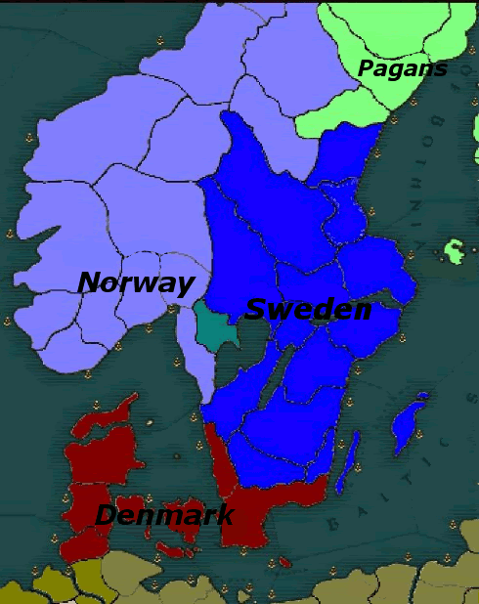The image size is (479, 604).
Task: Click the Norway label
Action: click(x=136, y=283)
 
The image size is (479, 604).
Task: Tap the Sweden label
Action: click(x=307, y=310)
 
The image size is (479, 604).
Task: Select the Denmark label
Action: click(x=164, y=515)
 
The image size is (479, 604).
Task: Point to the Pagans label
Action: click(x=402, y=69)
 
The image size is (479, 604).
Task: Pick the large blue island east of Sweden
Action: click(x=410, y=424)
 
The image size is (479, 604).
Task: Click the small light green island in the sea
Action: click(x=454, y=250)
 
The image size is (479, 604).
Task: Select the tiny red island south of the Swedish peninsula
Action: click(x=284, y=562)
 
